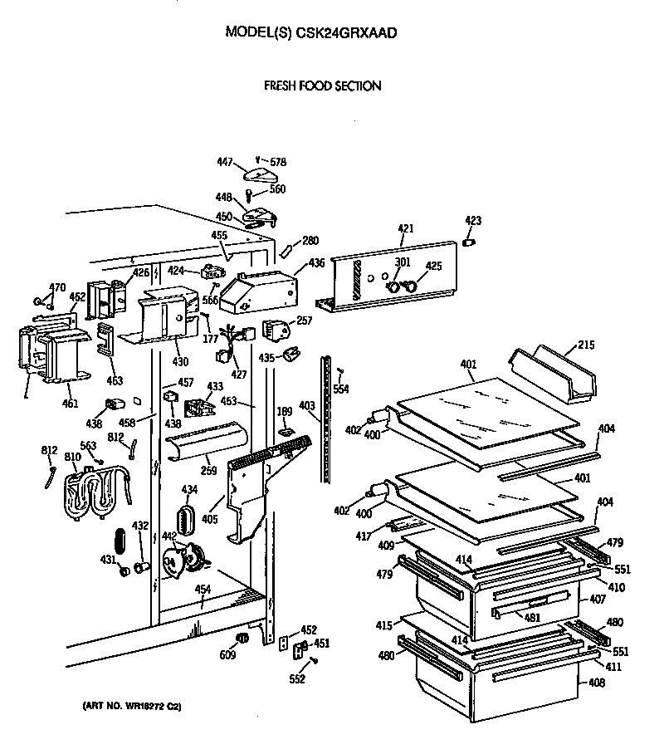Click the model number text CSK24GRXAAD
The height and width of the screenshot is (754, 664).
(349, 32)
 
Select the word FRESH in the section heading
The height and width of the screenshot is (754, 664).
(281, 86)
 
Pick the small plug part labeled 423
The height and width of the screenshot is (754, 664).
(468, 242)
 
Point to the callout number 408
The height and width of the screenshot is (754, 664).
(597, 683)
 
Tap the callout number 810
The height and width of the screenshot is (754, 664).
(74, 458)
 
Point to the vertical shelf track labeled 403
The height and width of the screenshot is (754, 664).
(330, 424)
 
